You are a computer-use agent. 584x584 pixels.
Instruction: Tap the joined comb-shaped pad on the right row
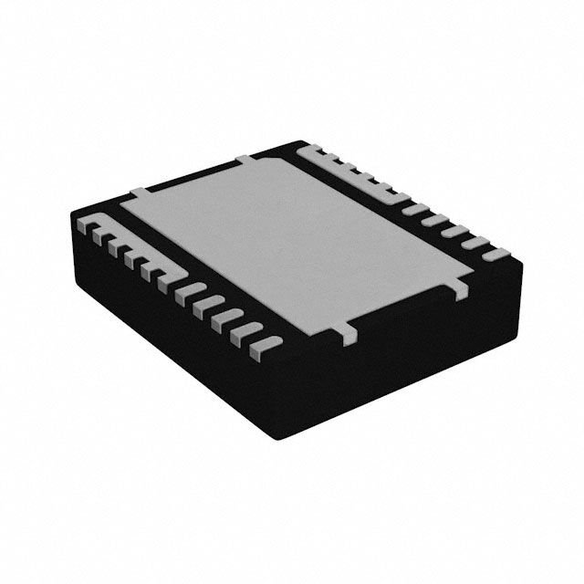coord(351,169)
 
